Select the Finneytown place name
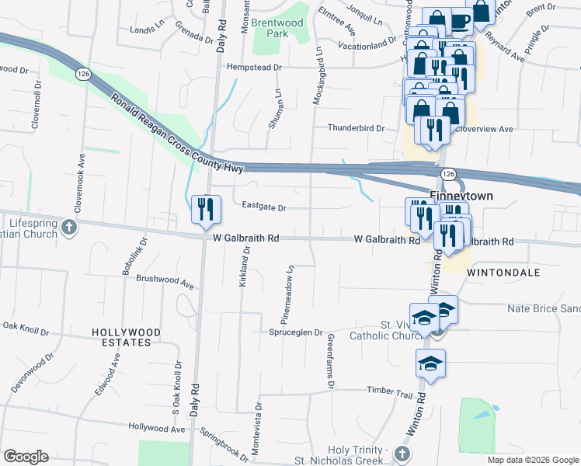[x=461, y=196]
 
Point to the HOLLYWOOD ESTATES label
[x=126, y=337]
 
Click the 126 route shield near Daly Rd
[x=82, y=72]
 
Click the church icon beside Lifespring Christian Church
[x=68, y=228]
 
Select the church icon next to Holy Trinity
[x=402, y=452]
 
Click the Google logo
[x=26, y=456]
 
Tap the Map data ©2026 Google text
[x=533, y=460]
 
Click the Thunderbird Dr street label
[x=356, y=128]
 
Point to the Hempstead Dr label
[x=253, y=68]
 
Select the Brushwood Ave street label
[x=165, y=280]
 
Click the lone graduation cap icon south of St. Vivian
[x=430, y=363]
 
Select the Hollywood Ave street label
[x=157, y=428]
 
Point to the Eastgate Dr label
[x=264, y=208]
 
